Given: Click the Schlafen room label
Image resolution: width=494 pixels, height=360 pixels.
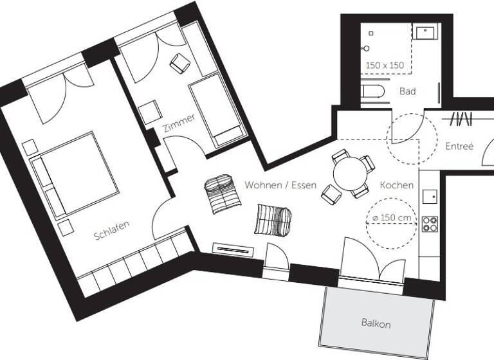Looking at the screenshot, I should click(x=112, y=230).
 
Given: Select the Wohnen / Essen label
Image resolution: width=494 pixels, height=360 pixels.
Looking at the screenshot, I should click(x=280, y=185).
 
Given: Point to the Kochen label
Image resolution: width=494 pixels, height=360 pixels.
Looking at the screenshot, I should click(x=396, y=185).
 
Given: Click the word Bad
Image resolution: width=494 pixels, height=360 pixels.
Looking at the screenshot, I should click(x=407, y=91).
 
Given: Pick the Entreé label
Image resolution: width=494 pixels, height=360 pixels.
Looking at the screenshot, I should click(x=459, y=147).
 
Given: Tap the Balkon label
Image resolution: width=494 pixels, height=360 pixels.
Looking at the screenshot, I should click(x=376, y=323).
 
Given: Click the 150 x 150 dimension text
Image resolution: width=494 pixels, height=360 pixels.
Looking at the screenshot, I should click(x=385, y=66).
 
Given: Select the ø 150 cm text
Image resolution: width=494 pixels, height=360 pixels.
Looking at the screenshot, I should click(x=392, y=219).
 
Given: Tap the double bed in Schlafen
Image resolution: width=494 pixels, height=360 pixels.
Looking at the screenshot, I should click(x=74, y=174).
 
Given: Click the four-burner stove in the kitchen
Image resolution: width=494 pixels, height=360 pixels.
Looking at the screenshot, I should click(x=429, y=223).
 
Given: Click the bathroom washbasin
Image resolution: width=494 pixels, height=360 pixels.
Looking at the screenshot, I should click(x=425, y=32).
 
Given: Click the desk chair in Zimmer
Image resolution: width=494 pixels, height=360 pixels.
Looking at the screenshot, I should click(x=179, y=63).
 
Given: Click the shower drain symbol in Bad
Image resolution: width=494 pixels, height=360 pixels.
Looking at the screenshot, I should click(x=371, y=32).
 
